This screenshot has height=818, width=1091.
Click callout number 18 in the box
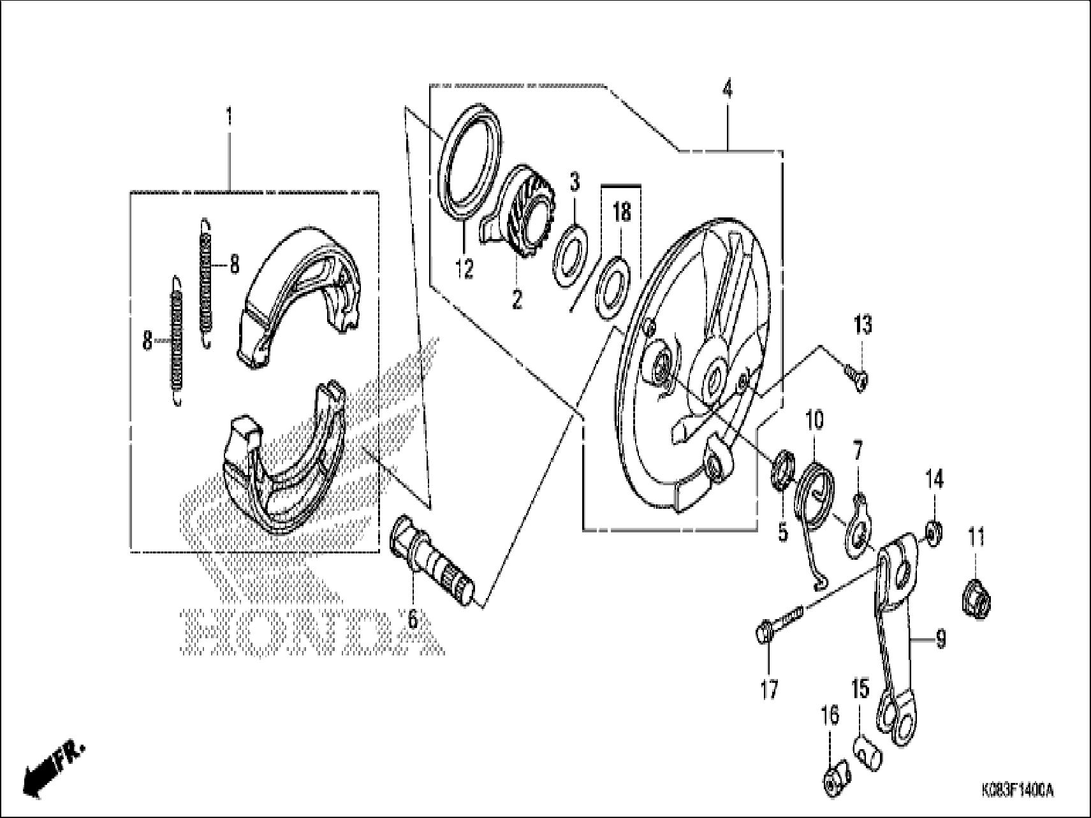[622, 212]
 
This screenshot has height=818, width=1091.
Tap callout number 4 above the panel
[728, 90]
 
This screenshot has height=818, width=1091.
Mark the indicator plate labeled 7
[856, 527]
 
